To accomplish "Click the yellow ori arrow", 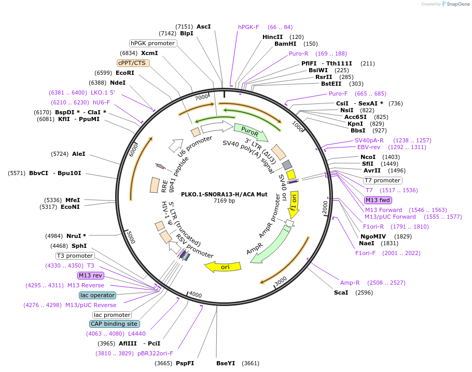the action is click(x=223, y=267).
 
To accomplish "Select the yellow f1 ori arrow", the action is click(x=294, y=204).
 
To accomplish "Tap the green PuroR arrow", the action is click(x=251, y=132).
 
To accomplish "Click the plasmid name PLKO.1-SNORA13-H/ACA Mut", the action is click(x=224, y=194).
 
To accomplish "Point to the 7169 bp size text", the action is click(x=224, y=201).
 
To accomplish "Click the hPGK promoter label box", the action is click(x=153, y=44).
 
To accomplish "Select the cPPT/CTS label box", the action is click(x=133, y=63).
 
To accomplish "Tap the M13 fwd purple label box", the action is click(x=378, y=200).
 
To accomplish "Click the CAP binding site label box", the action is click(x=115, y=324).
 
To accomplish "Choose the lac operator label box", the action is click(x=98, y=295).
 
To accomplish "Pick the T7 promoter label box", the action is click(x=383, y=181).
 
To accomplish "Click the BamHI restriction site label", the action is click(x=285, y=44).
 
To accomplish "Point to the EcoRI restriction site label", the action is click(x=125, y=73).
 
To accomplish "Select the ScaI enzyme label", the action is click(x=341, y=293).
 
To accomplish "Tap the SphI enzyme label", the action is click(x=79, y=246).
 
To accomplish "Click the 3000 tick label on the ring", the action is click(x=280, y=281).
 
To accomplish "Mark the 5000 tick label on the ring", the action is click(x=131, y=237).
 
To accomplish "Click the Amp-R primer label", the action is click(x=350, y=283).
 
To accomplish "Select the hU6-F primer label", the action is click(x=102, y=102).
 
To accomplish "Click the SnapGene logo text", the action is click(x=458, y=4).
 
